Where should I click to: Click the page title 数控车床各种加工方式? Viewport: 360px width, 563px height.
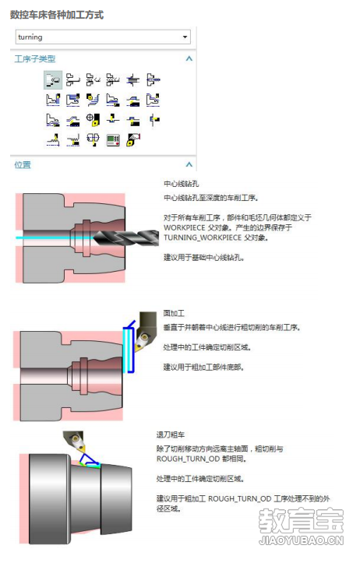coord(57,15)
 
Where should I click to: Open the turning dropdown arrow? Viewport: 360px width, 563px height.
coord(185,37)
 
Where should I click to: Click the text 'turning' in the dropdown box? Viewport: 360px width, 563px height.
coord(30,37)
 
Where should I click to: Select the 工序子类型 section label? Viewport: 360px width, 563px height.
coord(35,58)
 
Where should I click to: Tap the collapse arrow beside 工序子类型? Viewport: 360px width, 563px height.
coord(189,58)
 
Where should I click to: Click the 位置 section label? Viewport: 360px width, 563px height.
coord(23,165)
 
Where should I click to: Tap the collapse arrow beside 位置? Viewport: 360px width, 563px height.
coord(189,165)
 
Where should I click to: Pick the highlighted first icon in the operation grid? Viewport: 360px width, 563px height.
coord(53,79)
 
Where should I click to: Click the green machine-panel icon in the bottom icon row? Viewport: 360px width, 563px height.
coord(113,139)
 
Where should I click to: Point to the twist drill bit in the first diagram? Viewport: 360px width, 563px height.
coord(125,238)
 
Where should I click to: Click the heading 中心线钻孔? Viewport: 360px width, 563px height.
coord(181,184)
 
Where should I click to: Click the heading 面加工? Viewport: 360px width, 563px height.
coord(174,314)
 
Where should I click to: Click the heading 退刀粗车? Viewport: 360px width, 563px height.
coord(171,435)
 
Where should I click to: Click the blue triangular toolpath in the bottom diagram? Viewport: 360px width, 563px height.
coord(89,461)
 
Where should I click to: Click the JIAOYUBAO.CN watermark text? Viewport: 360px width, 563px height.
coord(302,540)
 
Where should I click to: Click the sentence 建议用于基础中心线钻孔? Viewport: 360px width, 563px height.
coord(203,258)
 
